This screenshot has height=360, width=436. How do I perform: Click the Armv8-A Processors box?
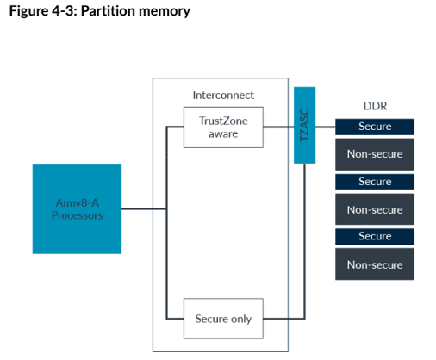coord(77,208)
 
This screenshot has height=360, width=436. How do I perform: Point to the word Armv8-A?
coord(77,202)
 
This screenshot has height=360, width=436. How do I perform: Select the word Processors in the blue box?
coord(77,215)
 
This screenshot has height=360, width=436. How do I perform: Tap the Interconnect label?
coord(223,95)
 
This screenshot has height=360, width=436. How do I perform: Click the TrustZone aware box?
coord(223,127)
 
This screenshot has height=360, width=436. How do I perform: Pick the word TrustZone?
coord(223,121)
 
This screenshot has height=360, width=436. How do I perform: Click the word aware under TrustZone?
coord(223,134)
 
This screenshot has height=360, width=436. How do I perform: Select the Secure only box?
coord(223,319)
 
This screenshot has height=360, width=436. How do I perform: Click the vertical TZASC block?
coord(304,125)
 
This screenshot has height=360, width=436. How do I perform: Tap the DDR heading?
coord(374,107)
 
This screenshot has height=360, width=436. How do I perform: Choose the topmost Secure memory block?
coord(375,127)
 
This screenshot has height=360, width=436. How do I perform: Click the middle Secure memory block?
coord(375,182)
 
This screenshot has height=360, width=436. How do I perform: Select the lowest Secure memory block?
coord(375,236)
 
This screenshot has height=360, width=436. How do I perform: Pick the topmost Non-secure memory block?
coord(375,154)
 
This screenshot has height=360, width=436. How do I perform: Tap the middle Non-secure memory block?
coord(375,209)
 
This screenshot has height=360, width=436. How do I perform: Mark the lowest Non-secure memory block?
coord(375,264)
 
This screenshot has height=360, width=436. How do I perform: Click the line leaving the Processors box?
coord(143,209)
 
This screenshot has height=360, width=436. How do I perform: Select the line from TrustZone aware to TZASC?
coord(277,127)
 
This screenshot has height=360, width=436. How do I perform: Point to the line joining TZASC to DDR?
coord(325,127)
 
